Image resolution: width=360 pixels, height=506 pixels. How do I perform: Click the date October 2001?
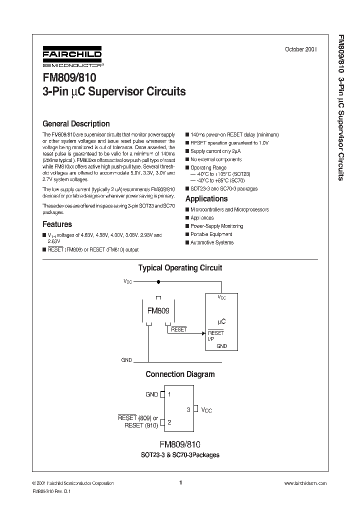tap(301, 49)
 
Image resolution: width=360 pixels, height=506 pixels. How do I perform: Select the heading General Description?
tap(76, 123)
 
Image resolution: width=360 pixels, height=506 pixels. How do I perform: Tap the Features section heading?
tap(57, 224)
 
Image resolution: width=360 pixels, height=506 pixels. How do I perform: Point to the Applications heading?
tap(206, 199)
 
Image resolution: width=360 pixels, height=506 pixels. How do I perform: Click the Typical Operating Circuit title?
tap(180, 268)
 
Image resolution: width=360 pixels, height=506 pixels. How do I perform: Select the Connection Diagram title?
tap(180, 374)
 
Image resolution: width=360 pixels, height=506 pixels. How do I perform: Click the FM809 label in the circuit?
tap(158, 310)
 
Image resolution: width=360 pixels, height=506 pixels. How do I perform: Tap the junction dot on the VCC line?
tap(158, 281)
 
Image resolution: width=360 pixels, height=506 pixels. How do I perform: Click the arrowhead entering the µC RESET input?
tap(203, 333)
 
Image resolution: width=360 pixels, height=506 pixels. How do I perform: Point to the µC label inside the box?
tap(221, 321)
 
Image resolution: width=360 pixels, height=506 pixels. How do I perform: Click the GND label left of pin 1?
tap(151, 394)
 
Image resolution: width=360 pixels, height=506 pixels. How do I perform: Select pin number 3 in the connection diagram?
tap(188, 409)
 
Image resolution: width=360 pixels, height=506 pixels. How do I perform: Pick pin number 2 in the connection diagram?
tap(170, 422)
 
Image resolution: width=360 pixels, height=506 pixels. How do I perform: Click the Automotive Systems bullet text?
tap(212, 242)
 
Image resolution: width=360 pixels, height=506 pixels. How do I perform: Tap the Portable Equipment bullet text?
tap(211, 234)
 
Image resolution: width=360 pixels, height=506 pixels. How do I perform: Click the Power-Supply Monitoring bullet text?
tap(216, 226)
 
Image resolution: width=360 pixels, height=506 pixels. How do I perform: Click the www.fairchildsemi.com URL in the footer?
tap(305, 483)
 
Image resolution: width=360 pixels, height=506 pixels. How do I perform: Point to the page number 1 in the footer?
tap(180, 483)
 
